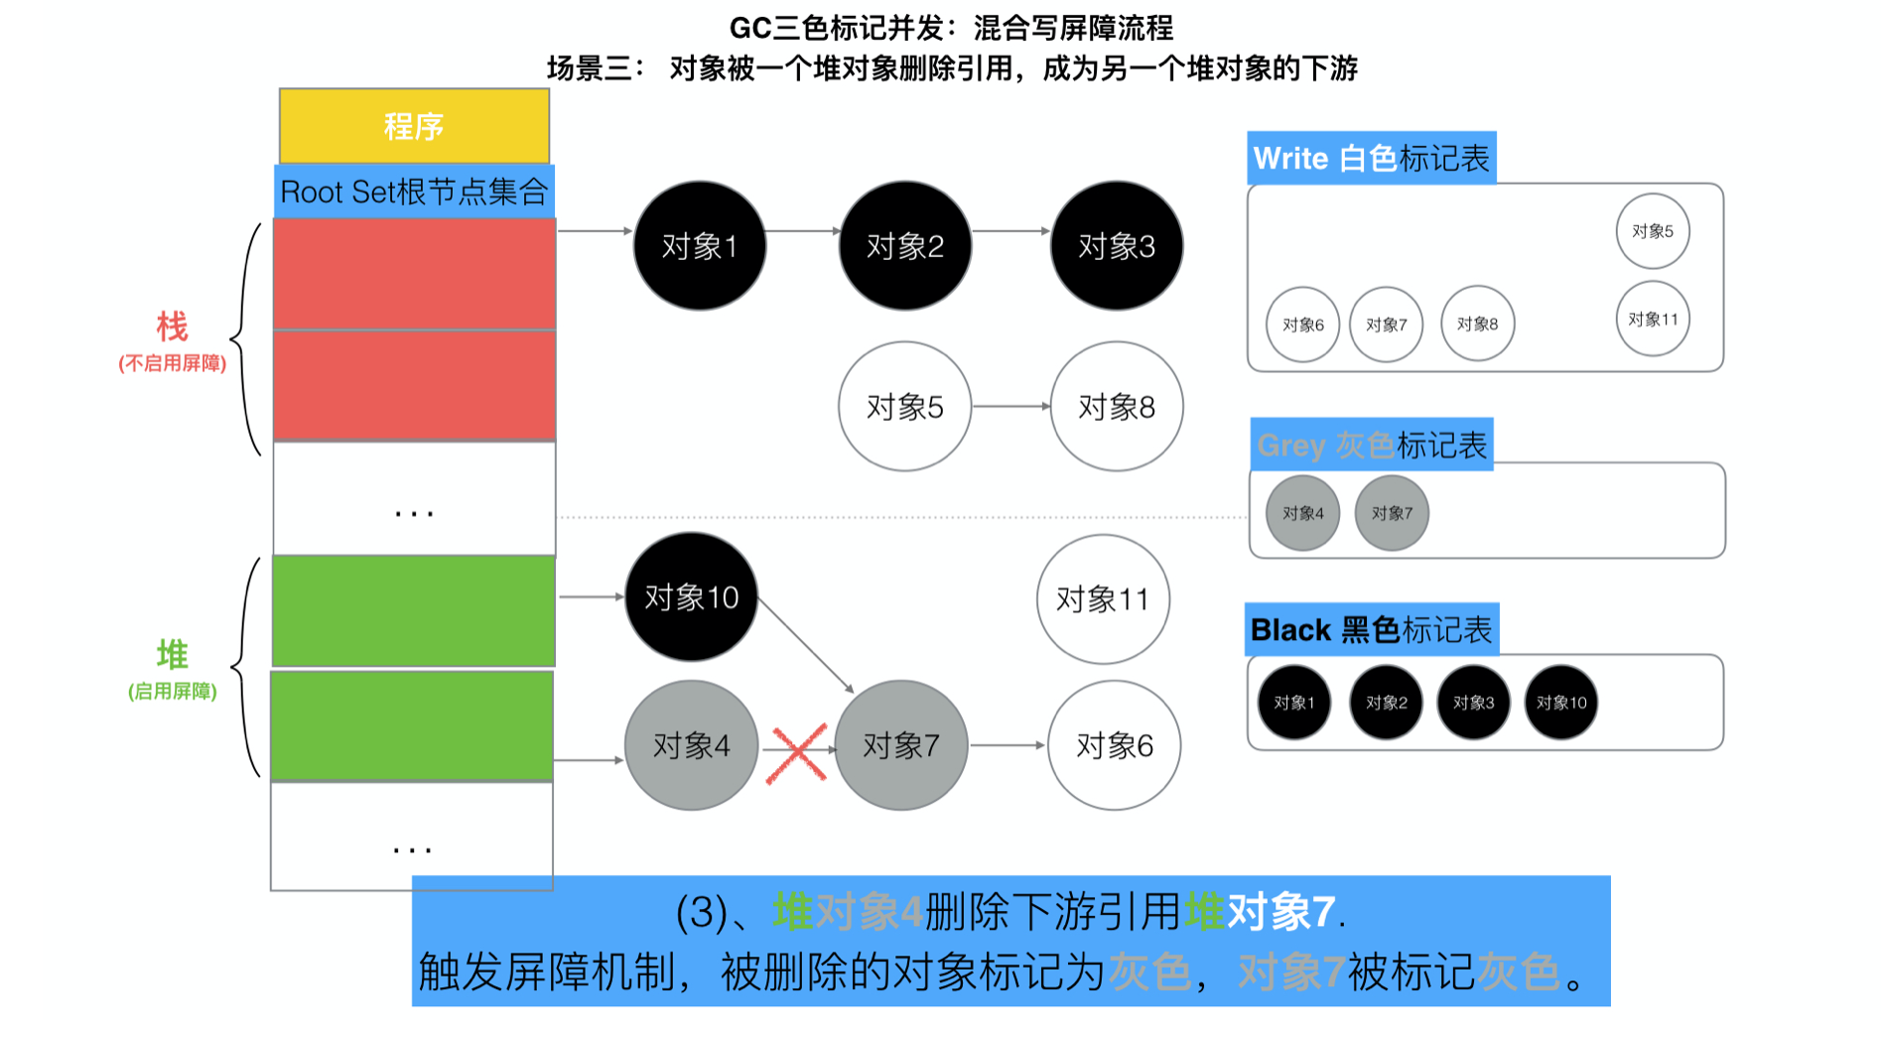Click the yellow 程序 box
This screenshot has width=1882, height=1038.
click(414, 126)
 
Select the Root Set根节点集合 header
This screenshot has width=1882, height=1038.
click(414, 192)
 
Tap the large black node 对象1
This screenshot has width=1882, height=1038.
click(700, 246)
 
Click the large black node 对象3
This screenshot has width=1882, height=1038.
click(1117, 246)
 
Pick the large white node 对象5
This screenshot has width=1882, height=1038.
click(904, 407)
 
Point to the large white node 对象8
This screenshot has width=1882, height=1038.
click(1117, 407)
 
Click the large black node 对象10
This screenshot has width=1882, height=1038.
click(692, 597)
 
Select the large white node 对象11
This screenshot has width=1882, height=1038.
click(1103, 599)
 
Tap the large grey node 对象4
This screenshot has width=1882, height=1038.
click(692, 745)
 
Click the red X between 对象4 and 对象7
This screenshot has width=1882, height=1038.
click(798, 753)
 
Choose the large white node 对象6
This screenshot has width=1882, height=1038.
click(1115, 745)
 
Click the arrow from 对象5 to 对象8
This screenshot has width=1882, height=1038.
click(1010, 406)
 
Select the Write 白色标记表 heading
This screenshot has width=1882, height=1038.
click(1371, 159)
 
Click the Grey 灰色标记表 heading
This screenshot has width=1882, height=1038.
click(1372, 446)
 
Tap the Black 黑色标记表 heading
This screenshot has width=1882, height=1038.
click(1371, 630)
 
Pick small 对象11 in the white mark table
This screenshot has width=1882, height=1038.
click(1653, 320)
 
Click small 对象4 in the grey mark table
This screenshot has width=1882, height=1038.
click(1303, 513)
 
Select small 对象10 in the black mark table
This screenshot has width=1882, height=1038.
click(1561, 703)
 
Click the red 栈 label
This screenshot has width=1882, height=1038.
click(172, 326)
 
